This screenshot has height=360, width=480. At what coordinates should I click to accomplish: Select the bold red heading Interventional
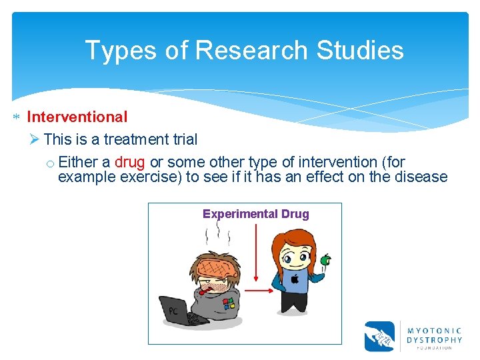(x=77, y=117)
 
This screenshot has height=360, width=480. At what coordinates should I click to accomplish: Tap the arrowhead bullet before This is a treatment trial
(x=35, y=139)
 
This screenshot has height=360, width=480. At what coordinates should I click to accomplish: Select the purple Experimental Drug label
(x=255, y=214)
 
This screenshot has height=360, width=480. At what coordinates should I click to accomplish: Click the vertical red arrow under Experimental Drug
(x=257, y=253)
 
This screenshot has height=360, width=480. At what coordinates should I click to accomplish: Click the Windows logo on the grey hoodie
(x=229, y=303)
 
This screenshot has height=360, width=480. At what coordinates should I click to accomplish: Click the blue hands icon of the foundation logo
(x=379, y=336)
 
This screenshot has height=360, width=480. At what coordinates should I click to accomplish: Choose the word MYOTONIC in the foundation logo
(x=434, y=331)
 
